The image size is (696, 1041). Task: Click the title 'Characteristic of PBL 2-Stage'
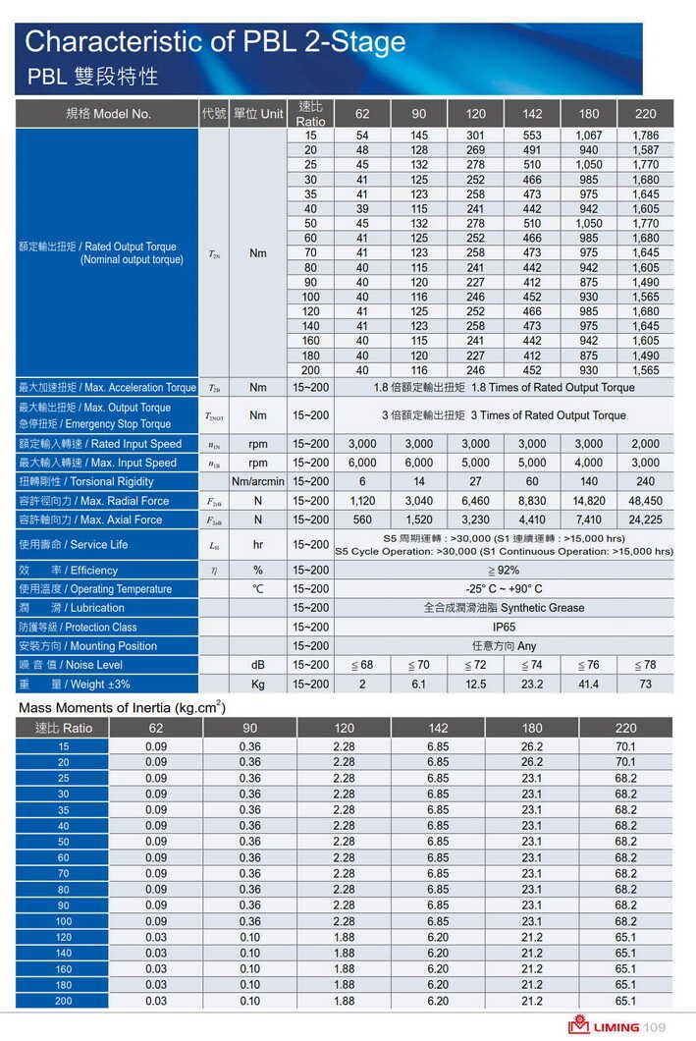tap(215, 42)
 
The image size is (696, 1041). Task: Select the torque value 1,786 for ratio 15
tap(645, 136)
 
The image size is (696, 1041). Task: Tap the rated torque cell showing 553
tap(532, 136)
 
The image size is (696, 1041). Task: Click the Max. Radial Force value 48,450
tap(645, 501)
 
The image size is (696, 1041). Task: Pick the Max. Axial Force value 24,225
tap(645, 520)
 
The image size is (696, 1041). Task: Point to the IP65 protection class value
tap(504, 627)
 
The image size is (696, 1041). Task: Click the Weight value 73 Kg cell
tap(645, 684)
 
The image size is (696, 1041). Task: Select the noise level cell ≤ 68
tap(362, 665)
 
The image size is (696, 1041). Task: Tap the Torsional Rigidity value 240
tap(645, 481)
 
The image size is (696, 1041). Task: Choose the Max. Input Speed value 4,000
tap(589, 463)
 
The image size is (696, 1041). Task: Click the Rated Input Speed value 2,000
tap(645, 444)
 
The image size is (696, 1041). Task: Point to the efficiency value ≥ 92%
tap(504, 570)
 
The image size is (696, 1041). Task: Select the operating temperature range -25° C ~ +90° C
tap(504, 589)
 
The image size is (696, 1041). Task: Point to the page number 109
tap(655, 1027)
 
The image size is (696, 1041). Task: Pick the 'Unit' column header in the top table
tap(258, 114)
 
